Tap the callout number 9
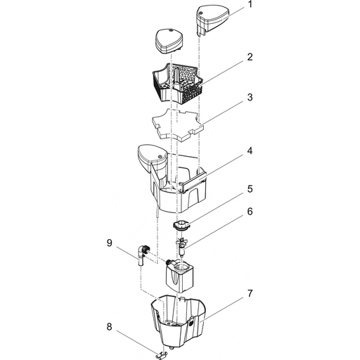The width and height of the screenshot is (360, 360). (x=109, y=244)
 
